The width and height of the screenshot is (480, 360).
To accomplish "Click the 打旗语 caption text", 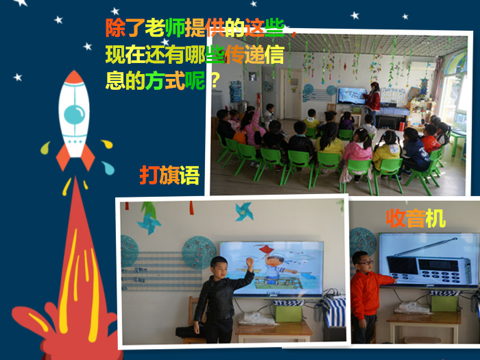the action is coord(169,176).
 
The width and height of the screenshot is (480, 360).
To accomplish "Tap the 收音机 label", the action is coord(416,218).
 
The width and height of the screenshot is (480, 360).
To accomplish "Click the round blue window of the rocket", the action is coord(74,115).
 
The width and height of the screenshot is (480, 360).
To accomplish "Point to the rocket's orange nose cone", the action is coord(74,77).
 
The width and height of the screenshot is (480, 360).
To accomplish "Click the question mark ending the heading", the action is coord(215,81).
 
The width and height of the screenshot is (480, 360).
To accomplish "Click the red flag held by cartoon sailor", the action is coord(265,249).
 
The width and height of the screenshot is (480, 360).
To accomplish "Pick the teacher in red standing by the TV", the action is coord(373,99).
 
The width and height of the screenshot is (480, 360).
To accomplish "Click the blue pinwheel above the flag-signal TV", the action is coord(244,211).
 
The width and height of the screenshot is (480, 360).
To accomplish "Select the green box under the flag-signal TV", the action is coord(288,313).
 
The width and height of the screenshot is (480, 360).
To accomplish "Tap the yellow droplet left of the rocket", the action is coord(45,148).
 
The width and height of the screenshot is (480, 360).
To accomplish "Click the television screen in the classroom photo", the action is coord(352,95).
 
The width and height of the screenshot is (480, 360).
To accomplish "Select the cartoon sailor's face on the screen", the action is coord(272,263).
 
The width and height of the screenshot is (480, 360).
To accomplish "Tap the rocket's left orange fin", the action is coord(63,158).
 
